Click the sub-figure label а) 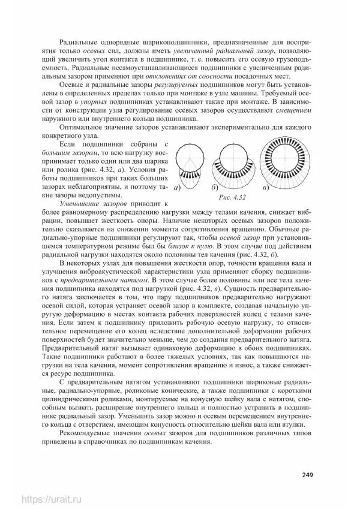click(x=178, y=188)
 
